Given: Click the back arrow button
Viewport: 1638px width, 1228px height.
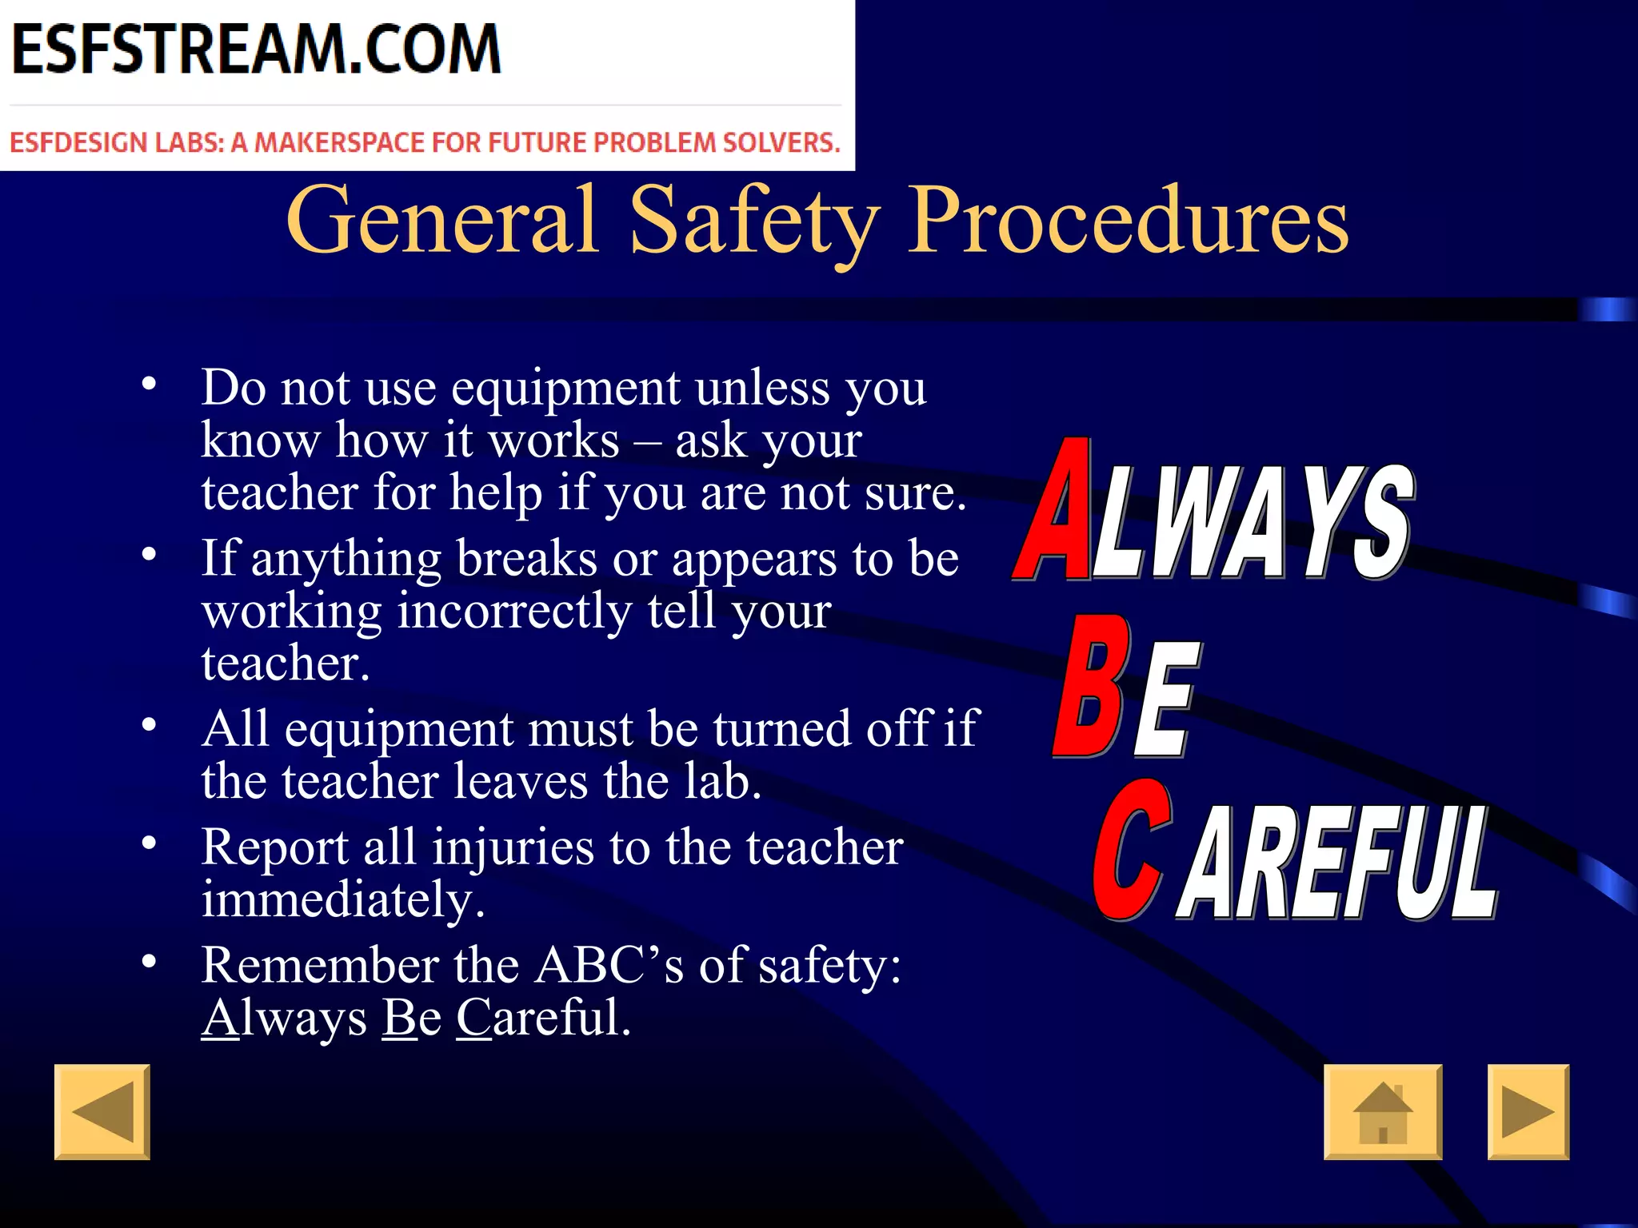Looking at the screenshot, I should (102, 1112).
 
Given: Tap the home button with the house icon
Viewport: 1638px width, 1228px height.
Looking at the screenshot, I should (1383, 1112).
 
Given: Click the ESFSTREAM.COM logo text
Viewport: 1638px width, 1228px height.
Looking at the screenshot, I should (256, 50).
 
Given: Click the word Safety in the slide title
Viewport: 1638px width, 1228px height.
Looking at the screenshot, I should (755, 219).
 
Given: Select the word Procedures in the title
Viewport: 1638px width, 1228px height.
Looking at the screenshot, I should (1129, 219).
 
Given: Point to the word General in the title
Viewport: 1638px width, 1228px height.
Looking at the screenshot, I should (442, 219).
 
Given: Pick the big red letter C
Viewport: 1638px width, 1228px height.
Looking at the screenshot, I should (1130, 851).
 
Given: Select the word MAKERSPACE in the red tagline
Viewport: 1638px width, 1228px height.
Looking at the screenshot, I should (339, 143).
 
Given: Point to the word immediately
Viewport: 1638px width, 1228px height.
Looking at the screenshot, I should (343, 900).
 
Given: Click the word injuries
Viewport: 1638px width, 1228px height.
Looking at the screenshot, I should (513, 847).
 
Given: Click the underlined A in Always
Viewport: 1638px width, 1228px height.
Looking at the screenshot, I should (220, 1019).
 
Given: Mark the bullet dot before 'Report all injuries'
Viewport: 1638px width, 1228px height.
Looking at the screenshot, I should (149, 843).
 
